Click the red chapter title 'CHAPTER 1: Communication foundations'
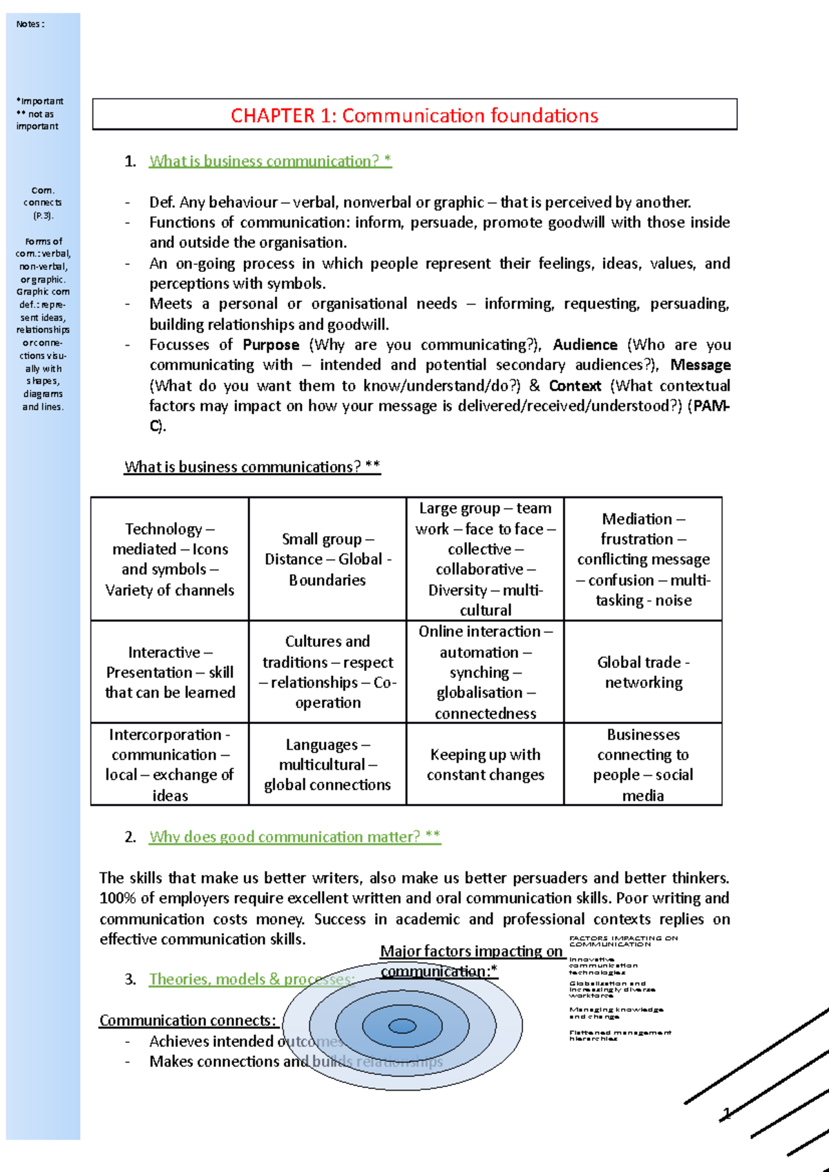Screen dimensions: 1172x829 coord(414,115)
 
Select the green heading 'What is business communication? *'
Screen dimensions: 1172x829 coord(270,161)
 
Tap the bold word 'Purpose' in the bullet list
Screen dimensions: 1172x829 coord(271,345)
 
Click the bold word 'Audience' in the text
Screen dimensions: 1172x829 coord(584,345)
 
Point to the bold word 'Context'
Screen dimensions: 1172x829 coord(575,386)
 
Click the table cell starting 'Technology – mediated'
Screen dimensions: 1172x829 coord(170,559)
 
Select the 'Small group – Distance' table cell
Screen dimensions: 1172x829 coord(327,559)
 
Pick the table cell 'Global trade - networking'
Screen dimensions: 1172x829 coord(643,672)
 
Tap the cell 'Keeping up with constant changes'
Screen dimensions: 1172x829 coord(485,764)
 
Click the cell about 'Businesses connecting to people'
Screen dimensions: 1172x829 coord(643,764)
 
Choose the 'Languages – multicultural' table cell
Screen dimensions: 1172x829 coord(327,764)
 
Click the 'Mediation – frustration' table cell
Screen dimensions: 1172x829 coord(643,559)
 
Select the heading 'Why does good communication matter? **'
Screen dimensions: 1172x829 coord(295,837)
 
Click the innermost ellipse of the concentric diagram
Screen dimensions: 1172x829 coord(402,1026)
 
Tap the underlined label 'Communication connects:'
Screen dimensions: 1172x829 coord(188,1020)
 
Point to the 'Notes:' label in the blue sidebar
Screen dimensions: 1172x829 coord(30,24)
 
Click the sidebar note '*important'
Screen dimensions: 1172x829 coord(39,101)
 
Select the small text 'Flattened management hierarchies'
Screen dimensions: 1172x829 coord(619,1035)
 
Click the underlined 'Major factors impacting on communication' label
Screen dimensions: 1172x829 coord(472,961)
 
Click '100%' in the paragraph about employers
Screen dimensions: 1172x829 coord(118,898)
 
